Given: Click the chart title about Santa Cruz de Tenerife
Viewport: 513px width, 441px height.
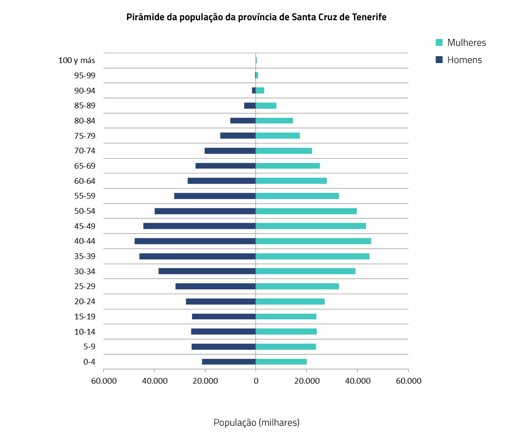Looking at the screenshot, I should click(x=256, y=17).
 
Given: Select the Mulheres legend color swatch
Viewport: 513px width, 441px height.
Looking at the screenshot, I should click(x=440, y=42).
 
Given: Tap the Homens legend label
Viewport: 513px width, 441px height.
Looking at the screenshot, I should click(x=464, y=60).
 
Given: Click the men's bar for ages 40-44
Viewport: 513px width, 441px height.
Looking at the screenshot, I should click(x=195, y=241).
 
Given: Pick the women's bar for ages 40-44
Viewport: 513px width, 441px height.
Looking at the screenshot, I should click(x=313, y=241).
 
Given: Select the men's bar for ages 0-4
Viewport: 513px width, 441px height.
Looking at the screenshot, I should click(x=229, y=362).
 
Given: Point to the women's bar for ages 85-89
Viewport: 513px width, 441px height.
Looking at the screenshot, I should click(x=266, y=105).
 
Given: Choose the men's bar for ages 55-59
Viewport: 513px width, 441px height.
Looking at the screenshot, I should click(x=215, y=196).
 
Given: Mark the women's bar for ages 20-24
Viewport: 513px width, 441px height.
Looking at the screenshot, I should click(x=290, y=302).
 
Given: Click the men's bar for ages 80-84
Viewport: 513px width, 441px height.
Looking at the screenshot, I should click(x=243, y=121).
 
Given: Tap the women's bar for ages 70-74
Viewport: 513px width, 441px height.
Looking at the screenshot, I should click(x=284, y=151).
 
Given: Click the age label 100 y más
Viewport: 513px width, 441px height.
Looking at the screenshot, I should click(x=76, y=61).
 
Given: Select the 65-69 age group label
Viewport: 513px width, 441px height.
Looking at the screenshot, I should click(x=85, y=166).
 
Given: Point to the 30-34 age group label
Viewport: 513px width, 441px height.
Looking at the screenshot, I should click(x=85, y=271).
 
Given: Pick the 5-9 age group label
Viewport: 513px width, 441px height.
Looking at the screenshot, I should click(x=89, y=347).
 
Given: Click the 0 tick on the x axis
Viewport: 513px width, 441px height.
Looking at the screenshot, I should click(x=256, y=381).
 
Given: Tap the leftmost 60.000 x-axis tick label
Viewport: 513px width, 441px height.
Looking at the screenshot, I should click(x=103, y=381).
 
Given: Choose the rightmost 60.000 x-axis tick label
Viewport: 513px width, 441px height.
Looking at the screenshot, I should click(x=408, y=381).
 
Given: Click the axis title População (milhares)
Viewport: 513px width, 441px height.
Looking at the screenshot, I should click(x=256, y=422).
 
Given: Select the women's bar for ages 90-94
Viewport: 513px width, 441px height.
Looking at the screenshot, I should click(x=260, y=91).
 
